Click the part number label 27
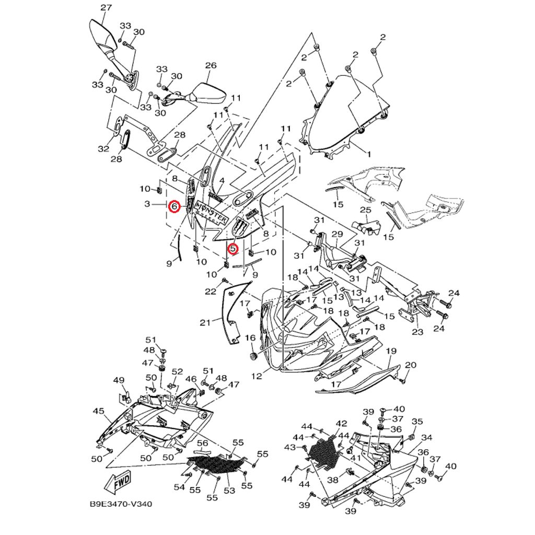click(x=106, y=8)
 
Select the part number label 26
click(x=211, y=66)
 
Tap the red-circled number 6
click(x=175, y=207)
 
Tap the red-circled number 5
click(x=233, y=249)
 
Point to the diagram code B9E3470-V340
click(x=121, y=505)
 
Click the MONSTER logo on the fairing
click(x=211, y=212)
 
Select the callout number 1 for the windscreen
click(x=369, y=155)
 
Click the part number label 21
click(x=205, y=323)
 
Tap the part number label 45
click(x=99, y=411)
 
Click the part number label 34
click(x=427, y=437)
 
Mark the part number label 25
click(x=365, y=210)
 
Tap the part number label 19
click(x=391, y=352)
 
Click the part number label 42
click(x=341, y=424)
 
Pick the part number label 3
click(x=147, y=204)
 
